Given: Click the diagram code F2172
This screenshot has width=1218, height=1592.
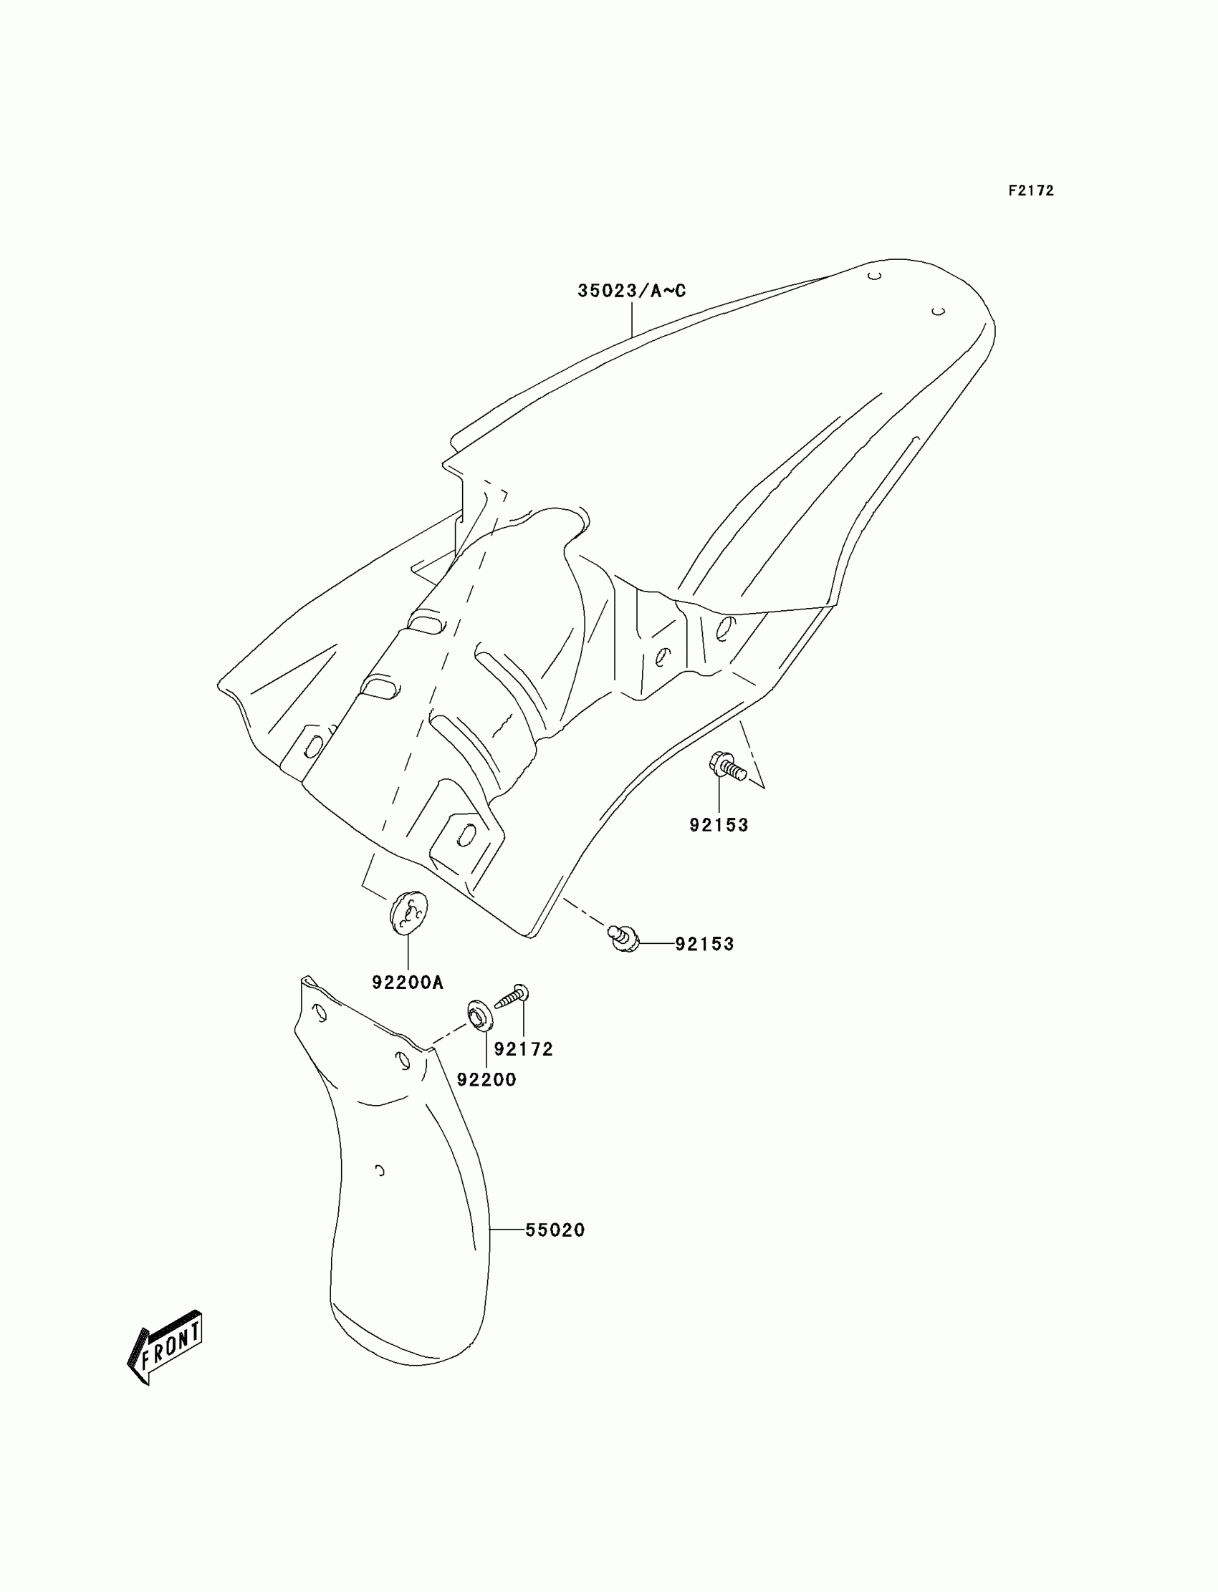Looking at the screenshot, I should [1030, 190].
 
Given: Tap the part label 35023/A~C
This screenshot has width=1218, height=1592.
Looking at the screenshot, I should [631, 291].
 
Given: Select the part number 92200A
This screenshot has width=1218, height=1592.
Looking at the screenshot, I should [408, 983].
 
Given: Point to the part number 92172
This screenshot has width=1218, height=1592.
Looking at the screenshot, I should [524, 1049].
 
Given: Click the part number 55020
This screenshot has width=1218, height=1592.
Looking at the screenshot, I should [555, 1230].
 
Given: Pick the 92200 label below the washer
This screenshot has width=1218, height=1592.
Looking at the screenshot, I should [486, 1080].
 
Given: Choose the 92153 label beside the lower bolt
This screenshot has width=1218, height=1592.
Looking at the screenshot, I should [705, 944].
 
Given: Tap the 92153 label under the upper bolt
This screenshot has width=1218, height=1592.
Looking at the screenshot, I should [719, 824].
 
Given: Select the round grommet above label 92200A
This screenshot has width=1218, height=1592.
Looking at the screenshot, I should [408, 913].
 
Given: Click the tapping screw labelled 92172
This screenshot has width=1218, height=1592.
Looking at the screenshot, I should [512, 997].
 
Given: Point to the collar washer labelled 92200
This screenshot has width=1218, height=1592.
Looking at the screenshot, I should [479, 1013].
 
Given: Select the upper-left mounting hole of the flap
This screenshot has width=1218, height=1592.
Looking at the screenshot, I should [318, 1012].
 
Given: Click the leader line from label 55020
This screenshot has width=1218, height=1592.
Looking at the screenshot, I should [507, 1230].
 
